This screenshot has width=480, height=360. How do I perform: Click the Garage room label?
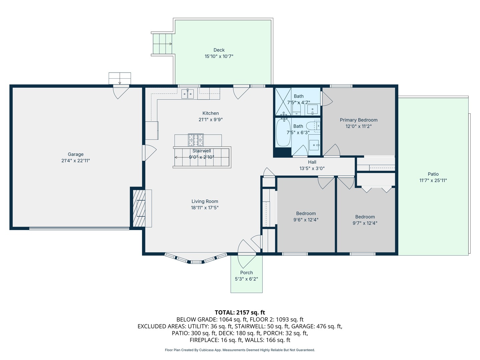(76, 154)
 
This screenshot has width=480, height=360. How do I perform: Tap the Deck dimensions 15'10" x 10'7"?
(219, 57)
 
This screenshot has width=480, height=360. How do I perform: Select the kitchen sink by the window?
(187, 94)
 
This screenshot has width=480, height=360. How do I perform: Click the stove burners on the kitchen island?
(196, 140)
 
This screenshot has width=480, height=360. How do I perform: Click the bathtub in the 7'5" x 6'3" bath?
(283, 132)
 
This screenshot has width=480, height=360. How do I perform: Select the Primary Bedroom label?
(359, 120)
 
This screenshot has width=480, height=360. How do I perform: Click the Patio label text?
(433, 174)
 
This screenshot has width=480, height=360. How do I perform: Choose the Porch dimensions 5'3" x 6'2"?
(246, 279)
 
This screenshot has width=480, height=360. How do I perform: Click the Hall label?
(312, 162)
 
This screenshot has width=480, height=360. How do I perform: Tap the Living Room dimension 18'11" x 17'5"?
(205, 208)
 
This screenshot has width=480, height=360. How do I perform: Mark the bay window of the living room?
(196, 259)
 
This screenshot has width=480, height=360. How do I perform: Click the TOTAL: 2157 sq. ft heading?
(240, 312)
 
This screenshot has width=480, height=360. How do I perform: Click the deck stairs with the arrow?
(163, 44)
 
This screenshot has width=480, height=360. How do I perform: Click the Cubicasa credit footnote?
(240, 350)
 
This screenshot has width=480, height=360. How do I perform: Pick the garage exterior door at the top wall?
(121, 91)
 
